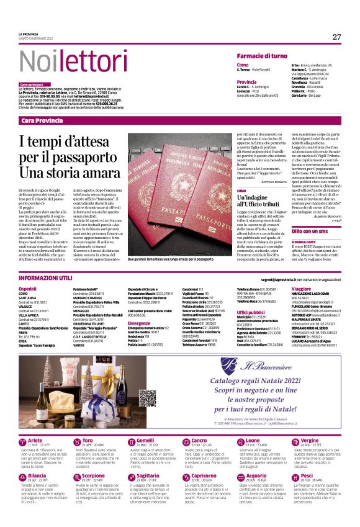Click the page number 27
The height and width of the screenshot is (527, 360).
[336, 37]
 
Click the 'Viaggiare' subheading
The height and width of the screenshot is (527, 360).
[301, 289]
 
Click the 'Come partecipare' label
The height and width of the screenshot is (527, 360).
[32, 84]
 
